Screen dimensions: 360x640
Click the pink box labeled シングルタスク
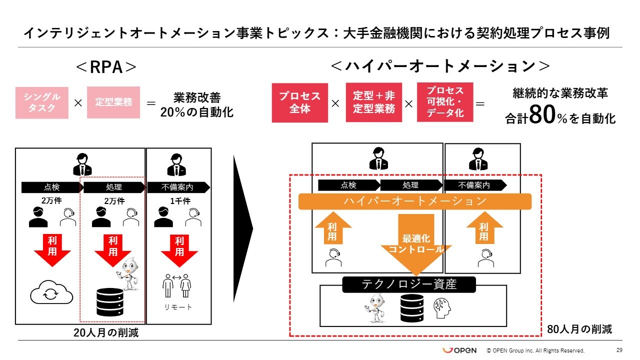(x=41, y=102)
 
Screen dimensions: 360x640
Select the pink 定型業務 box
(x=113, y=102)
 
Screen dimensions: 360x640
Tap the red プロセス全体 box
(x=300, y=102)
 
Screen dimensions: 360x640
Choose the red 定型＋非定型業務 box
(x=374, y=102)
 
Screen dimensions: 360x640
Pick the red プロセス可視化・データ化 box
(x=445, y=102)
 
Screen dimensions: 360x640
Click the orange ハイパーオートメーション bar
(x=414, y=201)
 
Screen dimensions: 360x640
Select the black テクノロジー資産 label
(x=409, y=284)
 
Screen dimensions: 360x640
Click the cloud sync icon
(x=51, y=294)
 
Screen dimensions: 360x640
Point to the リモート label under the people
(x=178, y=307)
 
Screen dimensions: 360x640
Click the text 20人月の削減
(x=106, y=333)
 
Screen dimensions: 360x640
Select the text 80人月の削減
(x=579, y=329)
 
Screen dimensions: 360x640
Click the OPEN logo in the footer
(x=459, y=350)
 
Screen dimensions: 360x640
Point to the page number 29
(x=619, y=350)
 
